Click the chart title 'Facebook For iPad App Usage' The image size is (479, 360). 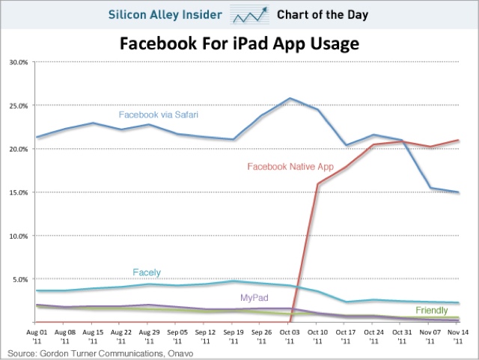[x=239, y=44]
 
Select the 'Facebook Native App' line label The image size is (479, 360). [x=290, y=167]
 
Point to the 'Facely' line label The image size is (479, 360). [x=148, y=272]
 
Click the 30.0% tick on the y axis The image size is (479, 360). [x=19, y=62]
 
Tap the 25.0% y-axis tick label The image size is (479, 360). [x=19, y=106]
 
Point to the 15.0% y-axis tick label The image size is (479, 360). [x=19, y=192]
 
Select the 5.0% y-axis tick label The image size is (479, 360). [x=19, y=279]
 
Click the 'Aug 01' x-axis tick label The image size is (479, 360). [x=37, y=335]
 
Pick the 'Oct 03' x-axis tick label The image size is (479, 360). [x=290, y=335]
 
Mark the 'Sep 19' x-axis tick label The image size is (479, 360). [x=234, y=335]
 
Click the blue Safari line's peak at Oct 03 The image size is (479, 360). [x=290, y=98]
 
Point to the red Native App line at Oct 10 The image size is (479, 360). [x=318, y=183]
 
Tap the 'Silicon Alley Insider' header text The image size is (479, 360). [x=177, y=14]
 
